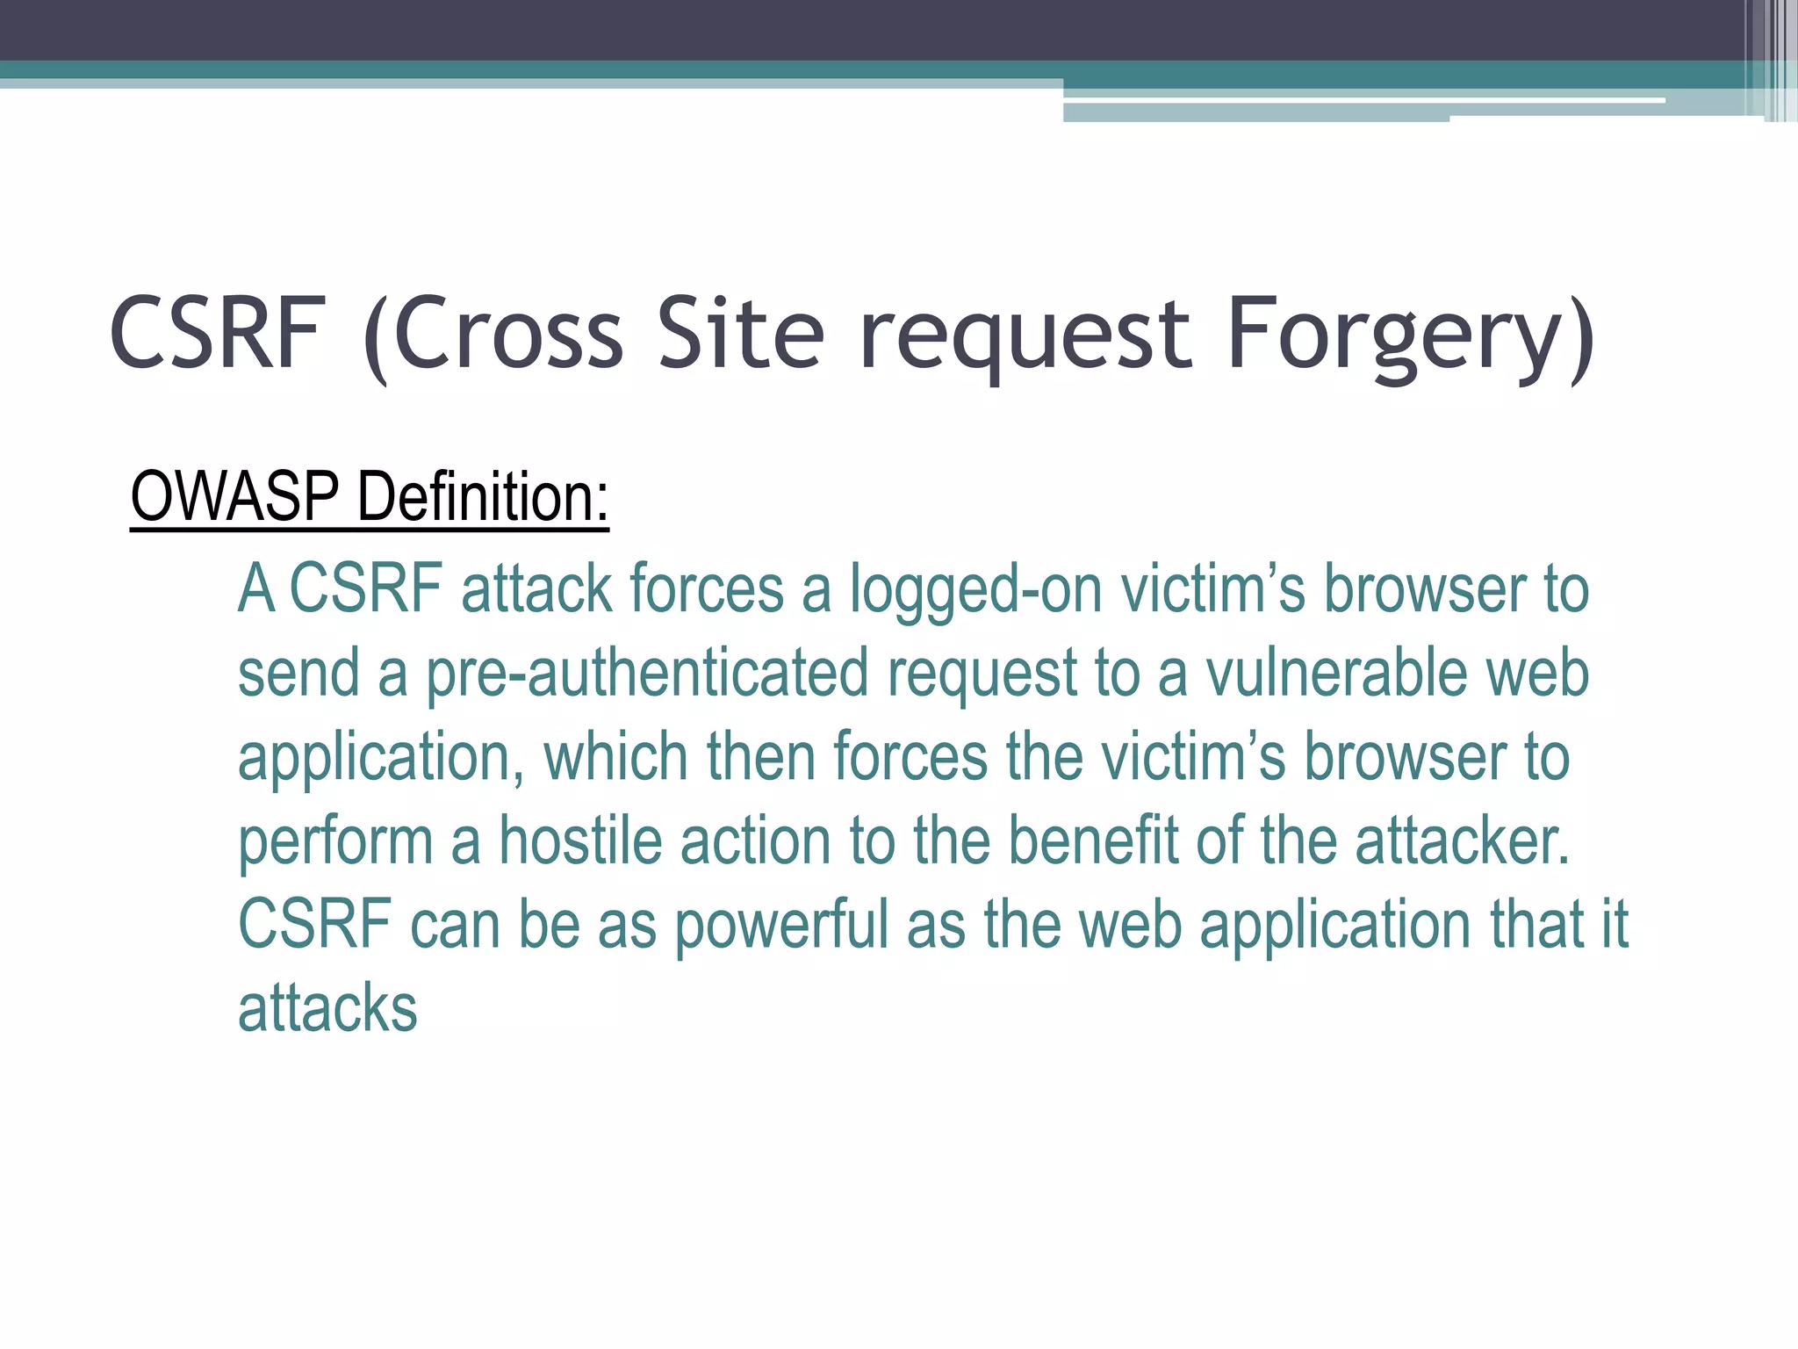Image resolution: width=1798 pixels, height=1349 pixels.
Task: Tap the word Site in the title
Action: [741, 335]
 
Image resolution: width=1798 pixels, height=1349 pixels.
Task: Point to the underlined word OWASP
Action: [234, 497]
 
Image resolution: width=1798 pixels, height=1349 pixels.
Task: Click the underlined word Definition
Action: [482, 497]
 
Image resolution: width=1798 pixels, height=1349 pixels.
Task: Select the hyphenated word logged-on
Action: [975, 590]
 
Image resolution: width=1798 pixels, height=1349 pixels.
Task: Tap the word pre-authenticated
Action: [647, 674]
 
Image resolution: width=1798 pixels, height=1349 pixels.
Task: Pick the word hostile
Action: [579, 841]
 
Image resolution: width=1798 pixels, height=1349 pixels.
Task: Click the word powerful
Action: [781, 926]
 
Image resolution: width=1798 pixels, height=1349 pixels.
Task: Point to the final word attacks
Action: [327, 1008]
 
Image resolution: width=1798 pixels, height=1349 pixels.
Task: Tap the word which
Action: [615, 757]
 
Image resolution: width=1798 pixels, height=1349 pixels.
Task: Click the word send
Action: [298, 674]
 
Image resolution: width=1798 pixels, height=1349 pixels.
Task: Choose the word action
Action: [755, 841]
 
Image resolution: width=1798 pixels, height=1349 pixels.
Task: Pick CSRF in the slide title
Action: [217, 335]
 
